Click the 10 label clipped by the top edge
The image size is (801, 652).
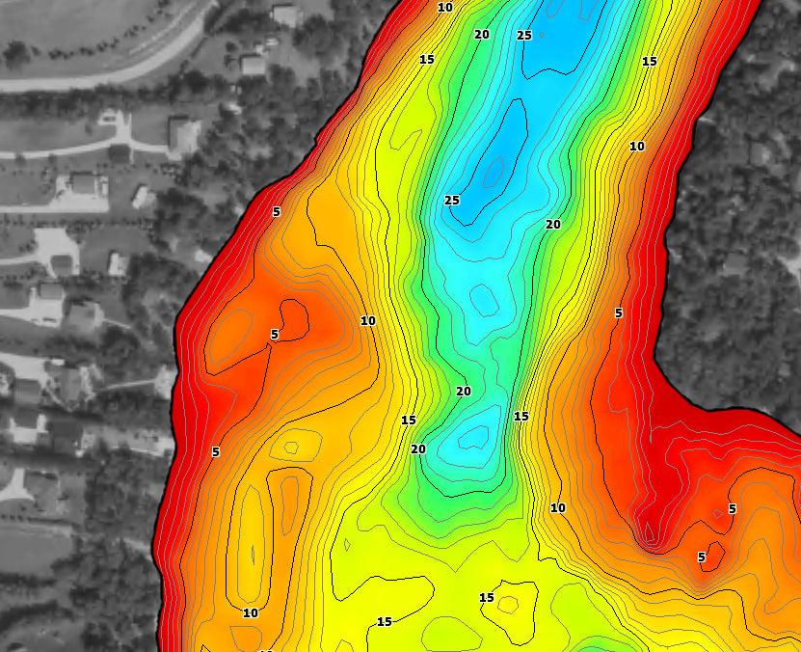[x=444, y=7]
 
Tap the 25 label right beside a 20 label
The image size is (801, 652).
[x=524, y=36]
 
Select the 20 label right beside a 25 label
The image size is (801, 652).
[x=482, y=35]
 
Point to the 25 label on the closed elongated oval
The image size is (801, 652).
[x=451, y=201]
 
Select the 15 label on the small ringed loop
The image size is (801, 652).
[x=487, y=599]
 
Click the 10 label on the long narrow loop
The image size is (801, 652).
[x=251, y=613]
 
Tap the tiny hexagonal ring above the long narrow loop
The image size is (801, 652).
[x=291, y=448]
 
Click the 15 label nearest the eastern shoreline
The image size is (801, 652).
[x=649, y=62]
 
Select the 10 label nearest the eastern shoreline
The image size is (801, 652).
[x=636, y=147]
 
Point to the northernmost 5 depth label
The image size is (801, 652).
[x=276, y=211]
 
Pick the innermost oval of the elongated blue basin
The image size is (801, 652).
[x=494, y=172]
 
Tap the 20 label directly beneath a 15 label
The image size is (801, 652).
[x=418, y=449]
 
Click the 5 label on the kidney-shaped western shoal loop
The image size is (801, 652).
[x=274, y=335]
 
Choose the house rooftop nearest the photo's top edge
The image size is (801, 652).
[x=286, y=14]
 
